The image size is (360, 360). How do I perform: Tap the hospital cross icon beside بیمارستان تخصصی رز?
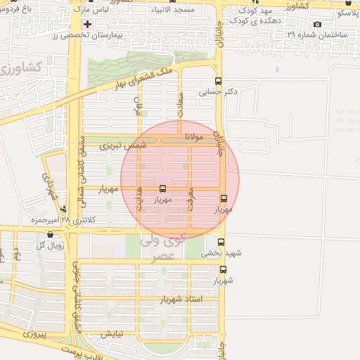point(86,24)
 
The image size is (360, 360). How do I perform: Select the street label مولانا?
point(194,137)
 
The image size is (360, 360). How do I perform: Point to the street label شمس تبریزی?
point(123,146)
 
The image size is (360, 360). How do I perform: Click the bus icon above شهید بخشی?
point(221,243)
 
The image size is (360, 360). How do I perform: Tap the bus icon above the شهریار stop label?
point(224,269)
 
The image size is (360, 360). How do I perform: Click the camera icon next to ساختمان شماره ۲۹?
point(318,25)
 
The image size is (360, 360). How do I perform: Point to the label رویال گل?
point(50,245)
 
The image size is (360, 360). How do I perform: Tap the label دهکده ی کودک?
point(260,21)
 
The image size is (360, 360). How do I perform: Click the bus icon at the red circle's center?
point(163,188)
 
